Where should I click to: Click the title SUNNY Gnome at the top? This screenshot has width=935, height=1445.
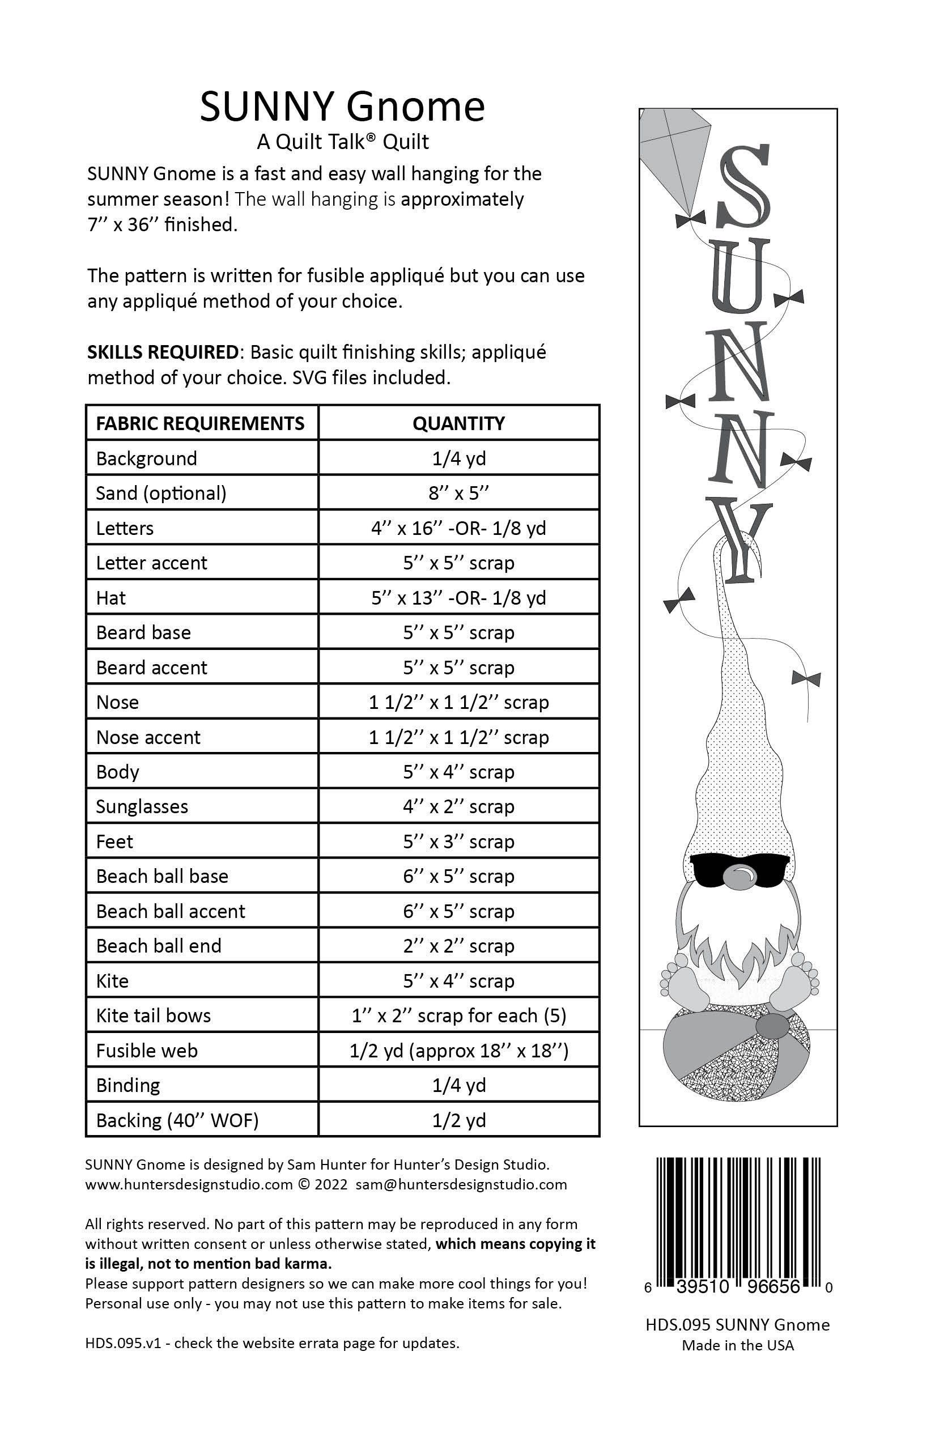pyautogui.click(x=342, y=107)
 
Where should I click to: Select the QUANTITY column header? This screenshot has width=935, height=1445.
pyautogui.click(x=458, y=423)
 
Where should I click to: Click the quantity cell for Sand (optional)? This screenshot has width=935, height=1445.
pyautogui.click(x=458, y=493)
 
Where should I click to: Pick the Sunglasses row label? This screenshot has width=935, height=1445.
pyautogui.click(x=142, y=807)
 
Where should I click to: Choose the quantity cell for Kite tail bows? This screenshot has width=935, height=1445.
pyautogui.click(x=458, y=1015)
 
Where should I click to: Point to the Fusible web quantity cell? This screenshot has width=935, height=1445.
pyautogui.click(x=458, y=1051)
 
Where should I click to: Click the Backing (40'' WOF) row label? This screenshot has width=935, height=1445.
pyautogui.click(x=177, y=1120)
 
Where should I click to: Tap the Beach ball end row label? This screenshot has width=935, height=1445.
pyautogui.click(x=159, y=946)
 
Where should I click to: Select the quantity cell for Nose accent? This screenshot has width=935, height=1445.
pyautogui.click(x=458, y=737)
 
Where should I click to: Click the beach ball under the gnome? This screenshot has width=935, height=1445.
pyautogui.click(x=737, y=1062)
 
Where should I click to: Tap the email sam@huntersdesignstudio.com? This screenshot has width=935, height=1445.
pyautogui.click(x=461, y=1184)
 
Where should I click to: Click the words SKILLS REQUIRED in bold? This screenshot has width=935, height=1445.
pyautogui.click(x=163, y=352)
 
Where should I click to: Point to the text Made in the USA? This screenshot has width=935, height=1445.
pyautogui.click(x=738, y=1345)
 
